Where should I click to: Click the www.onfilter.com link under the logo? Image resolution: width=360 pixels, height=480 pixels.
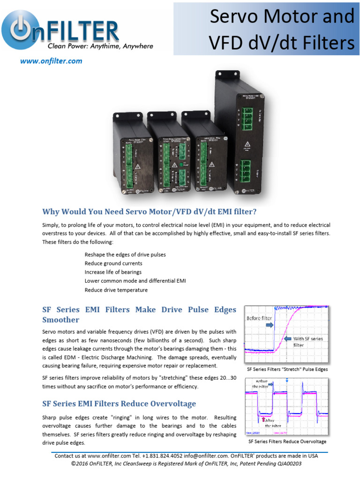pyautogui.click(x=51, y=61)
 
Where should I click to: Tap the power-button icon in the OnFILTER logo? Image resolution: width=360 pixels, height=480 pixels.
pyautogui.click(x=21, y=30)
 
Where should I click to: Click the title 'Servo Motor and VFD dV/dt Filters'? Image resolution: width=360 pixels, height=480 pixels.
pyautogui.click(x=281, y=29)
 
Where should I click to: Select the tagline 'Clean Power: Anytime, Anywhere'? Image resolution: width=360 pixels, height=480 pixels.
pyautogui.click(x=100, y=46)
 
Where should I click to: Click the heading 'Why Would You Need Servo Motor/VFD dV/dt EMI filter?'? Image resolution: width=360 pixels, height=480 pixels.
pyautogui.click(x=150, y=211)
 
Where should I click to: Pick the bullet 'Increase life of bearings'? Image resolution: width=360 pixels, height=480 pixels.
pyautogui.click(x=113, y=272)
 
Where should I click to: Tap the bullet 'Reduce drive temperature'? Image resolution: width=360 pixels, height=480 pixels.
pyautogui.click(x=116, y=290)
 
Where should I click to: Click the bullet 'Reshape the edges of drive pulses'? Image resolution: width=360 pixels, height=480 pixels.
pyautogui.click(x=125, y=255)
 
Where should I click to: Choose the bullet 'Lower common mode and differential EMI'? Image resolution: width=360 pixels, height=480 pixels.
pyautogui.click(x=135, y=281)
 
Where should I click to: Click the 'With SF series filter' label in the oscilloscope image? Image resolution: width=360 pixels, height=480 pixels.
pyautogui.click(x=308, y=341)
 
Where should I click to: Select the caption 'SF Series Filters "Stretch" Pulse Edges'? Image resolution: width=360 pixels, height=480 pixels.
pyautogui.click(x=287, y=369)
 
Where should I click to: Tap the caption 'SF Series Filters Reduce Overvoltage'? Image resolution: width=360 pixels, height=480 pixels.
pyautogui.click(x=287, y=442)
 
